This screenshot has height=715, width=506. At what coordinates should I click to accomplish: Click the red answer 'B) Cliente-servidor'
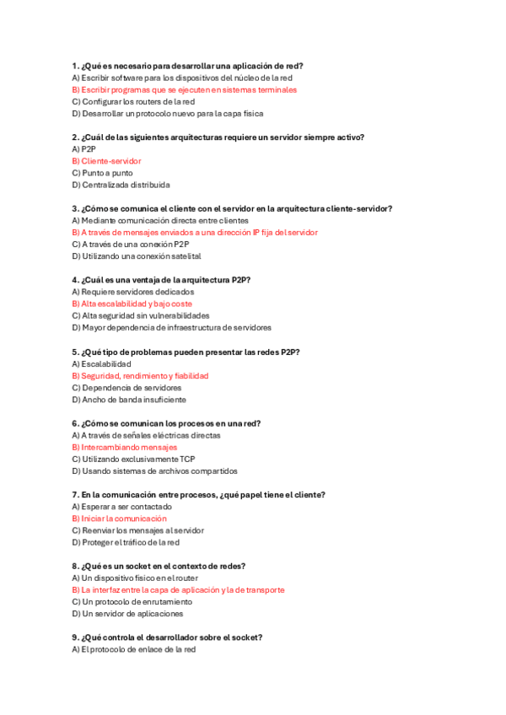pyautogui.click(x=106, y=161)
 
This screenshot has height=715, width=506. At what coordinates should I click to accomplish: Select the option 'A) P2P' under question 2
pyautogui.click(x=84, y=148)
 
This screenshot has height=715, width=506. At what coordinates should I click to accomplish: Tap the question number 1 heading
pyautogui.click(x=188, y=66)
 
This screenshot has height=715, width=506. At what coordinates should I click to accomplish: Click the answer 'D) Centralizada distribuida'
pyautogui.click(x=121, y=185)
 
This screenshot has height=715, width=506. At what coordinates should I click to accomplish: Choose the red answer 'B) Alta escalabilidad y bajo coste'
pyautogui.click(x=132, y=304)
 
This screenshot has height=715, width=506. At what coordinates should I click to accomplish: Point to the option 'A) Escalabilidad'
pyautogui.click(x=101, y=363)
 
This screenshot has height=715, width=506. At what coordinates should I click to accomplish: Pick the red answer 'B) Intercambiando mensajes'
pyautogui.click(x=125, y=447)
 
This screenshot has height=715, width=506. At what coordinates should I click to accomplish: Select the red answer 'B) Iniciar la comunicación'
pyautogui.click(x=119, y=519)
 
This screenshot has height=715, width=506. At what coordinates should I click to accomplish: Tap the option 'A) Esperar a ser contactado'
pyautogui.click(x=121, y=507)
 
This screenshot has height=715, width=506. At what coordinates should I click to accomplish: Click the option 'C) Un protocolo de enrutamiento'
pyautogui.click(x=132, y=602)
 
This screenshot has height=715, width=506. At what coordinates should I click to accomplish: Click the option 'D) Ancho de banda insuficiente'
pyautogui.click(x=129, y=400)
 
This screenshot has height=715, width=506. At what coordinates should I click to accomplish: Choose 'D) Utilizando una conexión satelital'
pyautogui.click(x=137, y=256)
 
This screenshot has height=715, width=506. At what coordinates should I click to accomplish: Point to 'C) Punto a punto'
pyautogui.click(x=102, y=173)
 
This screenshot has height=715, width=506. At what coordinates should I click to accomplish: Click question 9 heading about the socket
pyautogui.click(x=167, y=637)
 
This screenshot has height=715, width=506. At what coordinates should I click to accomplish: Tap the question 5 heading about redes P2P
pyautogui.click(x=186, y=352)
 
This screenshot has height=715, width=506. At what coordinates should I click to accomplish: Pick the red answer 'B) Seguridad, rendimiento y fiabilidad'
pyautogui.click(x=140, y=375)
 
